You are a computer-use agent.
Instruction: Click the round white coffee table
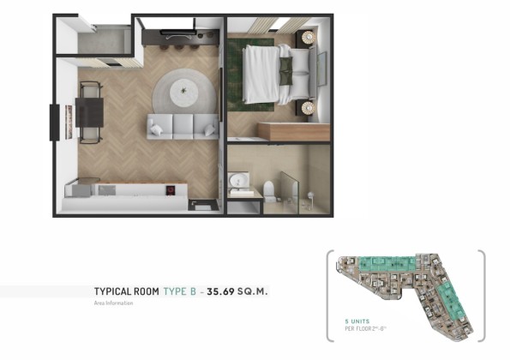pos(183,92)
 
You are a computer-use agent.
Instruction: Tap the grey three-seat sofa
pos(183,127)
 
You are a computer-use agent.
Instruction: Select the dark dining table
pos(89,112)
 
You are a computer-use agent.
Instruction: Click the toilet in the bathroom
pos(269,191)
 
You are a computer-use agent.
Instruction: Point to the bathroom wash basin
pos(239,179)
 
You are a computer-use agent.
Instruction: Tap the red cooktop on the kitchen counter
pos(171,190)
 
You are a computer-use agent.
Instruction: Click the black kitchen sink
pos(203,205)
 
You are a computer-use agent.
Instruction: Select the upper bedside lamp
pos(308,38)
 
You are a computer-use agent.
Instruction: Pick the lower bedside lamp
pos(308,108)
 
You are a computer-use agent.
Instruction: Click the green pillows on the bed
pos(286,71)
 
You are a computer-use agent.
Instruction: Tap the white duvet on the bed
pos(261,75)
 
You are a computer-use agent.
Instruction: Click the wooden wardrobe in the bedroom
pos(294,131)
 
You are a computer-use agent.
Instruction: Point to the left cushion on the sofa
pos(156,129)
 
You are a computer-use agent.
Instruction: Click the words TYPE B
pos(179,291)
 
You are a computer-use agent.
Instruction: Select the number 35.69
pos(220,291)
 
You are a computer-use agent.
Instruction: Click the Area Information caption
pos(113,303)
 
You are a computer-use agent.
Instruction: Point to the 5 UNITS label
pos(357,321)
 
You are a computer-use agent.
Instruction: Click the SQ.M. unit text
pos(252,291)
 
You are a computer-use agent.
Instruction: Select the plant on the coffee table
pos(183,90)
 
